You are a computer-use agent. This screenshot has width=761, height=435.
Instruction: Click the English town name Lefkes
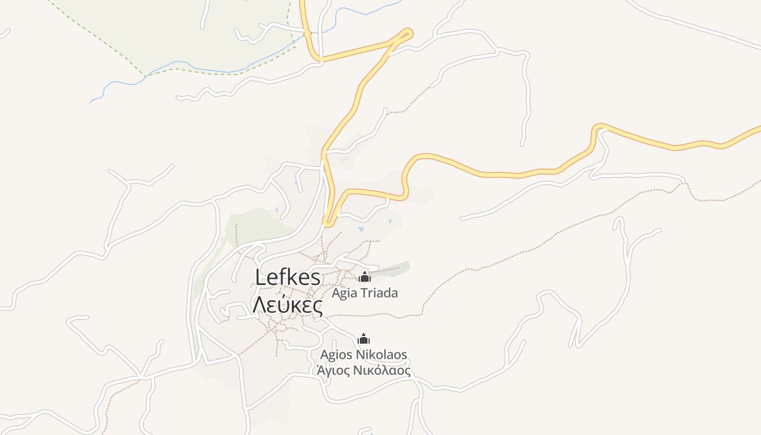click(288, 278)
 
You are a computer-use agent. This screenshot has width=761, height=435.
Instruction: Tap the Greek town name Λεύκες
click(288, 306)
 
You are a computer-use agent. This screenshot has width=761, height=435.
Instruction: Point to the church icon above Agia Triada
click(364, 277)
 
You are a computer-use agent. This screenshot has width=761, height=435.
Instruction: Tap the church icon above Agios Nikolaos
click(364, 339)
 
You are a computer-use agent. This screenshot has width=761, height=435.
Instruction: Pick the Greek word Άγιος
click(333, 371)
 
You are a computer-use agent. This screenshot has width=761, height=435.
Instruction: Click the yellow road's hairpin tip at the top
click(408, 33)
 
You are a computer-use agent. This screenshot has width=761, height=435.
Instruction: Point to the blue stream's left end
click(91, 102)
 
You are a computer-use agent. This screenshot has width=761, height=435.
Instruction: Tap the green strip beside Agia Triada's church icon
click(397, 268)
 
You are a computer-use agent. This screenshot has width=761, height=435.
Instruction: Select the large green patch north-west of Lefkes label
click(255, 226)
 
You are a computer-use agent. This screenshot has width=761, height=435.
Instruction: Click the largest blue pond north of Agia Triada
click(361, 229)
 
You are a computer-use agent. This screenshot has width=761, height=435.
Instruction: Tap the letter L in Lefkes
click(261, 278)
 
